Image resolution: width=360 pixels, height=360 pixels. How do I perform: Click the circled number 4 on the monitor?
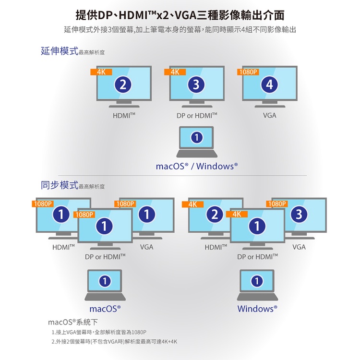click(270, 85)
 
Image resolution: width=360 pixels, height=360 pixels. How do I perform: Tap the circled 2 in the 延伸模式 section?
click(124, 85)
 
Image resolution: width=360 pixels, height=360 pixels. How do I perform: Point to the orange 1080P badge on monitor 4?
click(248, 72)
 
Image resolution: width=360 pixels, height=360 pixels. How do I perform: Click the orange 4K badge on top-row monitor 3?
click(175, 72)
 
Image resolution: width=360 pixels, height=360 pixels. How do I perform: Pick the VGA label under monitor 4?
click(270, 116)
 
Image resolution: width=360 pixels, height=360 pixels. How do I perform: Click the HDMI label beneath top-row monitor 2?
click(124, 116)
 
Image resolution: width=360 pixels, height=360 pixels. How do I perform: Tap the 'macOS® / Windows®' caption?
click(197, 167)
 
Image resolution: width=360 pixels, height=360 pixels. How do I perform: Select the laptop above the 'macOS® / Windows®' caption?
click(197, 142)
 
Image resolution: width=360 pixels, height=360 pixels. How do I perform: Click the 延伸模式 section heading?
click(60, 51)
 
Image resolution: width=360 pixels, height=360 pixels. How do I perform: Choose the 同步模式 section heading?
click(60, 185)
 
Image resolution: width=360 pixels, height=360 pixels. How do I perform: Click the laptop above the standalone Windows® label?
click(257, 285)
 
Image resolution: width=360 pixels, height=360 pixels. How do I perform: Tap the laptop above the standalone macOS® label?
click(105, 285)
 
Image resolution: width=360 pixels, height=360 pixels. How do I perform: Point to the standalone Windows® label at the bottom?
click(257, 309)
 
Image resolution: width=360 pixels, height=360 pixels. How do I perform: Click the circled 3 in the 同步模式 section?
click(299, 214)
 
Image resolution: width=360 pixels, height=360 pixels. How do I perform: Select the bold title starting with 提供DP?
click(180, 15)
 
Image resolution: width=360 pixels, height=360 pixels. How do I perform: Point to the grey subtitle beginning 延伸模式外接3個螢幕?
click(180, 30)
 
